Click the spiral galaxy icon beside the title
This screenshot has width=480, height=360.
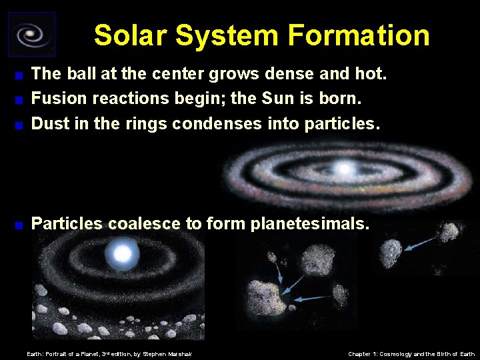(x=31, y=34)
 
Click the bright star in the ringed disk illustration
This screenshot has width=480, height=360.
(x=344, y=169)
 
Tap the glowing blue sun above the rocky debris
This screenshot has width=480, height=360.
(x=123, y=253)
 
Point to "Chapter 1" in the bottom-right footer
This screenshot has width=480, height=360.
(x=366, y=353)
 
